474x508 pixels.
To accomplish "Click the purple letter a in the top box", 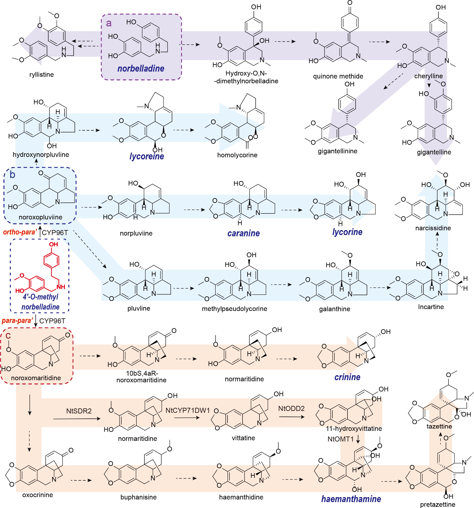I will coord(109,23).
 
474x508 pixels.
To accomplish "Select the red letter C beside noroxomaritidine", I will coord(8,336).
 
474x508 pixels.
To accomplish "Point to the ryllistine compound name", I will coord(41,75).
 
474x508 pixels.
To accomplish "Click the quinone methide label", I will coord(338,76).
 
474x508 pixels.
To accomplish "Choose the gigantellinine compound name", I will coord(337,151).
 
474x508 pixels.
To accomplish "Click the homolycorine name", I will coord(237,155).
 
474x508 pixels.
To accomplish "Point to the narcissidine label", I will coord(433,228).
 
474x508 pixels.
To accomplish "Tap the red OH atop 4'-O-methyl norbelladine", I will coord(53,244).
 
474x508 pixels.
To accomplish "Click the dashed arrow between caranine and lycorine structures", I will coord(292,210).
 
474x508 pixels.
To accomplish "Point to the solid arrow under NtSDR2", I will coord(77,419).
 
